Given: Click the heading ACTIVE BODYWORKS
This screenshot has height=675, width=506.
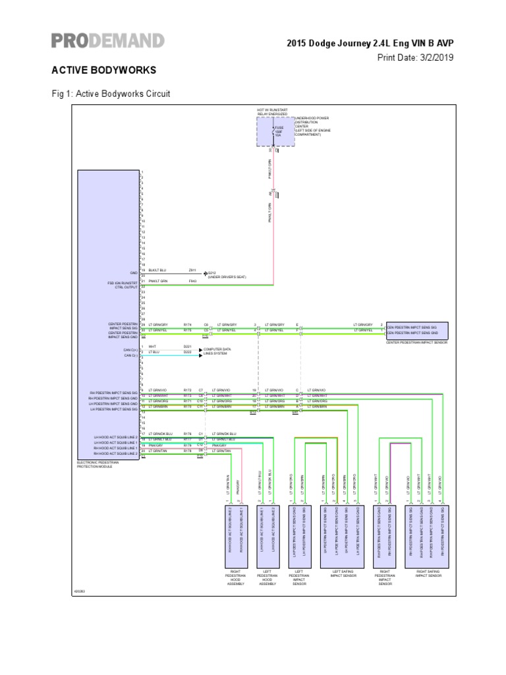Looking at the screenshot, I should [x=103, y=70].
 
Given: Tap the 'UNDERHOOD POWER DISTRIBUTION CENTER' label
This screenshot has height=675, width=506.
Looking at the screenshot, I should [x=312, y=126].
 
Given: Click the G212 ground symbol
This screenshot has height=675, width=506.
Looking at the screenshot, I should [x=205, y=272].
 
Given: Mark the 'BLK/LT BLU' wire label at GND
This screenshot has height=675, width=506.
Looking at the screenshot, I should [x=157, y=270].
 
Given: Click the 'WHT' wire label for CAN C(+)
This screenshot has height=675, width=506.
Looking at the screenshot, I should [x=152, y=347].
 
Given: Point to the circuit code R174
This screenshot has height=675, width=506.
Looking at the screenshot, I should [x=187, y=324].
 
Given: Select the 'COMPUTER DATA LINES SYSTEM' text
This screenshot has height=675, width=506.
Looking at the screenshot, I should [x=217, y=351].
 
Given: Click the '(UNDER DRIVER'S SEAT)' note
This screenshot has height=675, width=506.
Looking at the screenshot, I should [x=227, y=278].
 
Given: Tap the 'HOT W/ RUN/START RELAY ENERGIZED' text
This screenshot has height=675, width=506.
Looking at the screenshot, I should [x=272, y=111].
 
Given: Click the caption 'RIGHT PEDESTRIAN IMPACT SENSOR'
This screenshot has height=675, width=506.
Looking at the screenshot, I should [x=385, y=578].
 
